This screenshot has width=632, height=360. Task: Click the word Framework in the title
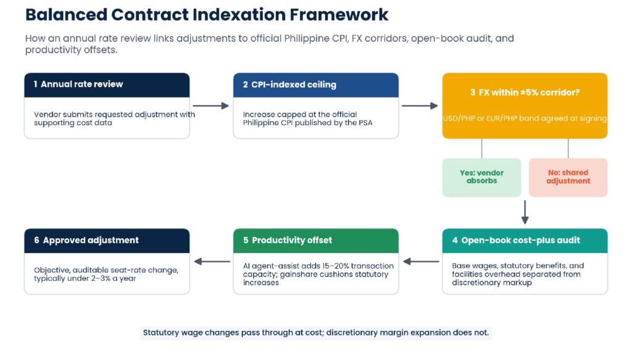pyautogui.click(x=339, y=15)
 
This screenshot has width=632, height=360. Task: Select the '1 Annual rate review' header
pyautogui.click(x=107, y=85)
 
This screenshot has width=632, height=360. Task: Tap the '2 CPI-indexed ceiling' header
pyautogui.click(x=315, y=85)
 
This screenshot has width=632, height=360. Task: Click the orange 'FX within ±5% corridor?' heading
pyautogui.click(x=525, y=93)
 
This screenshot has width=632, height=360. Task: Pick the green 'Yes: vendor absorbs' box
pyautogui.click(x=481, y=177)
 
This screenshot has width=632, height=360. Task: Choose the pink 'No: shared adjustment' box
pyautogui.click(x=568, y=177)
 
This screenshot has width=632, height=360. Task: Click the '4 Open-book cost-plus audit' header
pyautogui.click(x=525, y=241)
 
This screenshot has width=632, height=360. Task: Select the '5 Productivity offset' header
pyautogui.click(x=315, y=241)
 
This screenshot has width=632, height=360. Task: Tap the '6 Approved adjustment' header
pyautogui.click(x=107, y=241)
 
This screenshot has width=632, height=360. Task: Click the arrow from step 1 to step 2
pyautogui.click(x=211, y=106)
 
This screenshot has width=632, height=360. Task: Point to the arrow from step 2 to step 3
pyautogui.click(x=420, y=106)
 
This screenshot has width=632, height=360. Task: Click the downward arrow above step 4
pyautogui.click(x=525, y=212)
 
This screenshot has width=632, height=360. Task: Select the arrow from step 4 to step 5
pyautogui.click(x=421, y=262)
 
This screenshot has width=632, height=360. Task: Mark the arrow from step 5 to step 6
pyautogui.click(x=212, y=262)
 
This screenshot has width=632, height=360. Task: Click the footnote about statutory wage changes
pyautogui.click(x=316, y=333)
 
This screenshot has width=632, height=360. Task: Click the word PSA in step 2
pyautogui.click(x=365, y=123)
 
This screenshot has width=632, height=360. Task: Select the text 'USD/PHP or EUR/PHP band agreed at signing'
pyautogui.click(x=525, y=119)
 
